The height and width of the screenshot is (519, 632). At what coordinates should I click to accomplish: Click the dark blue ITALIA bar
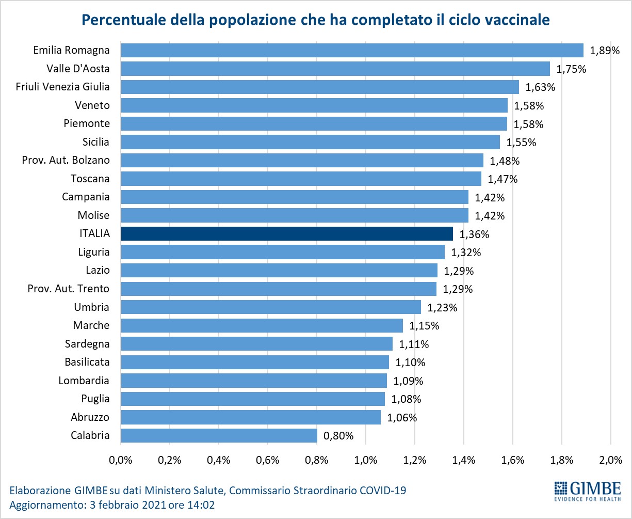[x=287, y=233]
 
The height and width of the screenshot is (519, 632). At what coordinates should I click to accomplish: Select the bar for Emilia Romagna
[x=352, y=50]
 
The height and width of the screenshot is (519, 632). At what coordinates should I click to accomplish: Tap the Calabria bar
[x=219, y=435]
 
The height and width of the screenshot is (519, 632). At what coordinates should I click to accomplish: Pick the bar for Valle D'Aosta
[x=335, y=69]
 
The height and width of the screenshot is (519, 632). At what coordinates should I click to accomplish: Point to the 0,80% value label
[x=338, y=435]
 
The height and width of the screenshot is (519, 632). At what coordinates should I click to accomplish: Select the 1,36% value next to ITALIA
[x=474, y=234]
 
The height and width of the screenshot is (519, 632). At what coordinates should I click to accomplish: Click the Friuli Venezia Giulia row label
[x=63, y=87]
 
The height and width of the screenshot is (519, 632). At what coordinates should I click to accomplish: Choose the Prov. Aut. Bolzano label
[x=66, y=160]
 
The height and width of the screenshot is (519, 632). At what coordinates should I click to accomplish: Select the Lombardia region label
[x=84, y=381]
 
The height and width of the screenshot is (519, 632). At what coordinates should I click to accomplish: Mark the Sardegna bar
[x=256, y=344]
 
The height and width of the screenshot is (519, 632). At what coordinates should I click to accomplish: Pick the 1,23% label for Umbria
[x=442, y=307]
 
